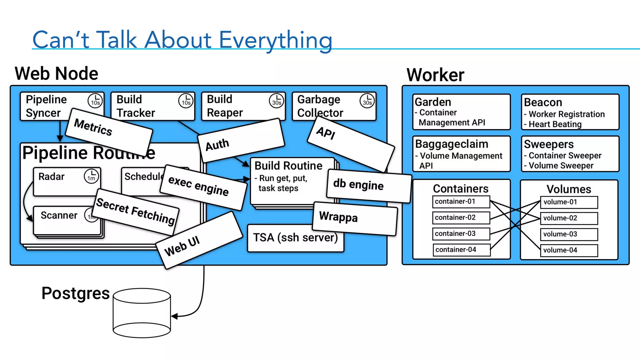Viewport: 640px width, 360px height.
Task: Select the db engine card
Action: (x=369, y=186)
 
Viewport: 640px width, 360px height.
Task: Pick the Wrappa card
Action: (x=355, y=218)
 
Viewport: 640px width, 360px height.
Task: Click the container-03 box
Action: (x=461, y=234)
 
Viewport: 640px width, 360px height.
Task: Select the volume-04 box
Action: (x=569, y=250)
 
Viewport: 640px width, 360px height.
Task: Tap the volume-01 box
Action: (x=569, y=202)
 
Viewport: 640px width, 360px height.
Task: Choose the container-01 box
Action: (x=461, y=202)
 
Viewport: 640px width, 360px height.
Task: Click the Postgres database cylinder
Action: (x=142, y=312)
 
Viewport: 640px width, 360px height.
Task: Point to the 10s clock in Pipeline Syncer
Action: (x=95, y=101)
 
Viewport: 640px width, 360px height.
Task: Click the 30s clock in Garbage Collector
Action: (x=367, y=101)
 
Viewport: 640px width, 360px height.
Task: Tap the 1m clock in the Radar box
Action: (x=91, y=176)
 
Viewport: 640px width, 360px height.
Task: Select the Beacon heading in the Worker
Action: (x=543, y=102)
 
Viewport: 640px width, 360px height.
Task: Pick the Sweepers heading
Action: (x=548, y=144)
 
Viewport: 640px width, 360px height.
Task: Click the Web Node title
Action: (x=57, y=74)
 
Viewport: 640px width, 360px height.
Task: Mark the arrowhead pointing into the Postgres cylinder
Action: (x=174, y=317)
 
